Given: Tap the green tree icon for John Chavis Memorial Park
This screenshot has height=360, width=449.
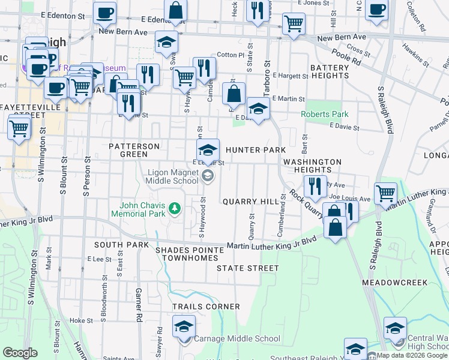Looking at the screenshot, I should (x=175, y=209).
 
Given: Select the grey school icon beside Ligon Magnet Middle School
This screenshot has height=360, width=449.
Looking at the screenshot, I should (x=208, y=176).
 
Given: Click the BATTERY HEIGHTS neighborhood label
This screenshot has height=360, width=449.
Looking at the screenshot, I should (x=329, y=73).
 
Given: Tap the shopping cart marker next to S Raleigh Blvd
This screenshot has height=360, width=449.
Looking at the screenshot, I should (x=385, y=194).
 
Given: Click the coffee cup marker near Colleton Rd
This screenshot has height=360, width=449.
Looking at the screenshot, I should (x=376, y=10).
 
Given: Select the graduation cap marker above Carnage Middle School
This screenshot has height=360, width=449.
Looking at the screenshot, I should (x=184, y=327).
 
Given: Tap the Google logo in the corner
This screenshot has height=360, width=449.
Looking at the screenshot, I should (x=20, y=352).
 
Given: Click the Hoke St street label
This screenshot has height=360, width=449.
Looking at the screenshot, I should (x=79, y=320).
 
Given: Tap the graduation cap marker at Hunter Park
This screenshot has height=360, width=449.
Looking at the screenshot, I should (x=208, y=150).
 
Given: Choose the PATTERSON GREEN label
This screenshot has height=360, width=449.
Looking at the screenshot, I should (x=134, y=150).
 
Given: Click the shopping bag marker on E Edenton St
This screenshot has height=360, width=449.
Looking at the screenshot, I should (x=175, y=11).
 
